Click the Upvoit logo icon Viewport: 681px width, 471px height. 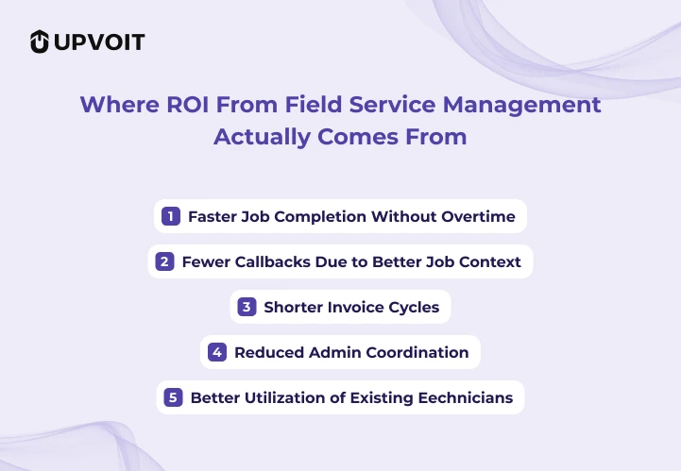pyautogui.click(x=40, y=42)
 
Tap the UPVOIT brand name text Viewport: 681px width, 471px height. pyautogui.click(x=100, y=42)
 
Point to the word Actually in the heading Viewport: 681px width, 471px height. pyautogui.click(x=259, y=136)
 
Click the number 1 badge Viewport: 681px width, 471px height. pyautogui.click(x=171, y=216)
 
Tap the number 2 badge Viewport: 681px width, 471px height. pyautogui.click(x=164, y=261)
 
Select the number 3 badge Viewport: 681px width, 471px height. pyautogui.click(x=247, y=307)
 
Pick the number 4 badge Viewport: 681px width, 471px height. pyautogui.click(x=217, y=352)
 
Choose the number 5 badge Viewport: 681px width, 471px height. pyautogui.click(x=173, y=397)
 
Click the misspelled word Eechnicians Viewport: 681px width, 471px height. pyautogui.click(x=467, y=397)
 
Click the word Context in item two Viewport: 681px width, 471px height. pyautogui.click(x=488, y=261)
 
